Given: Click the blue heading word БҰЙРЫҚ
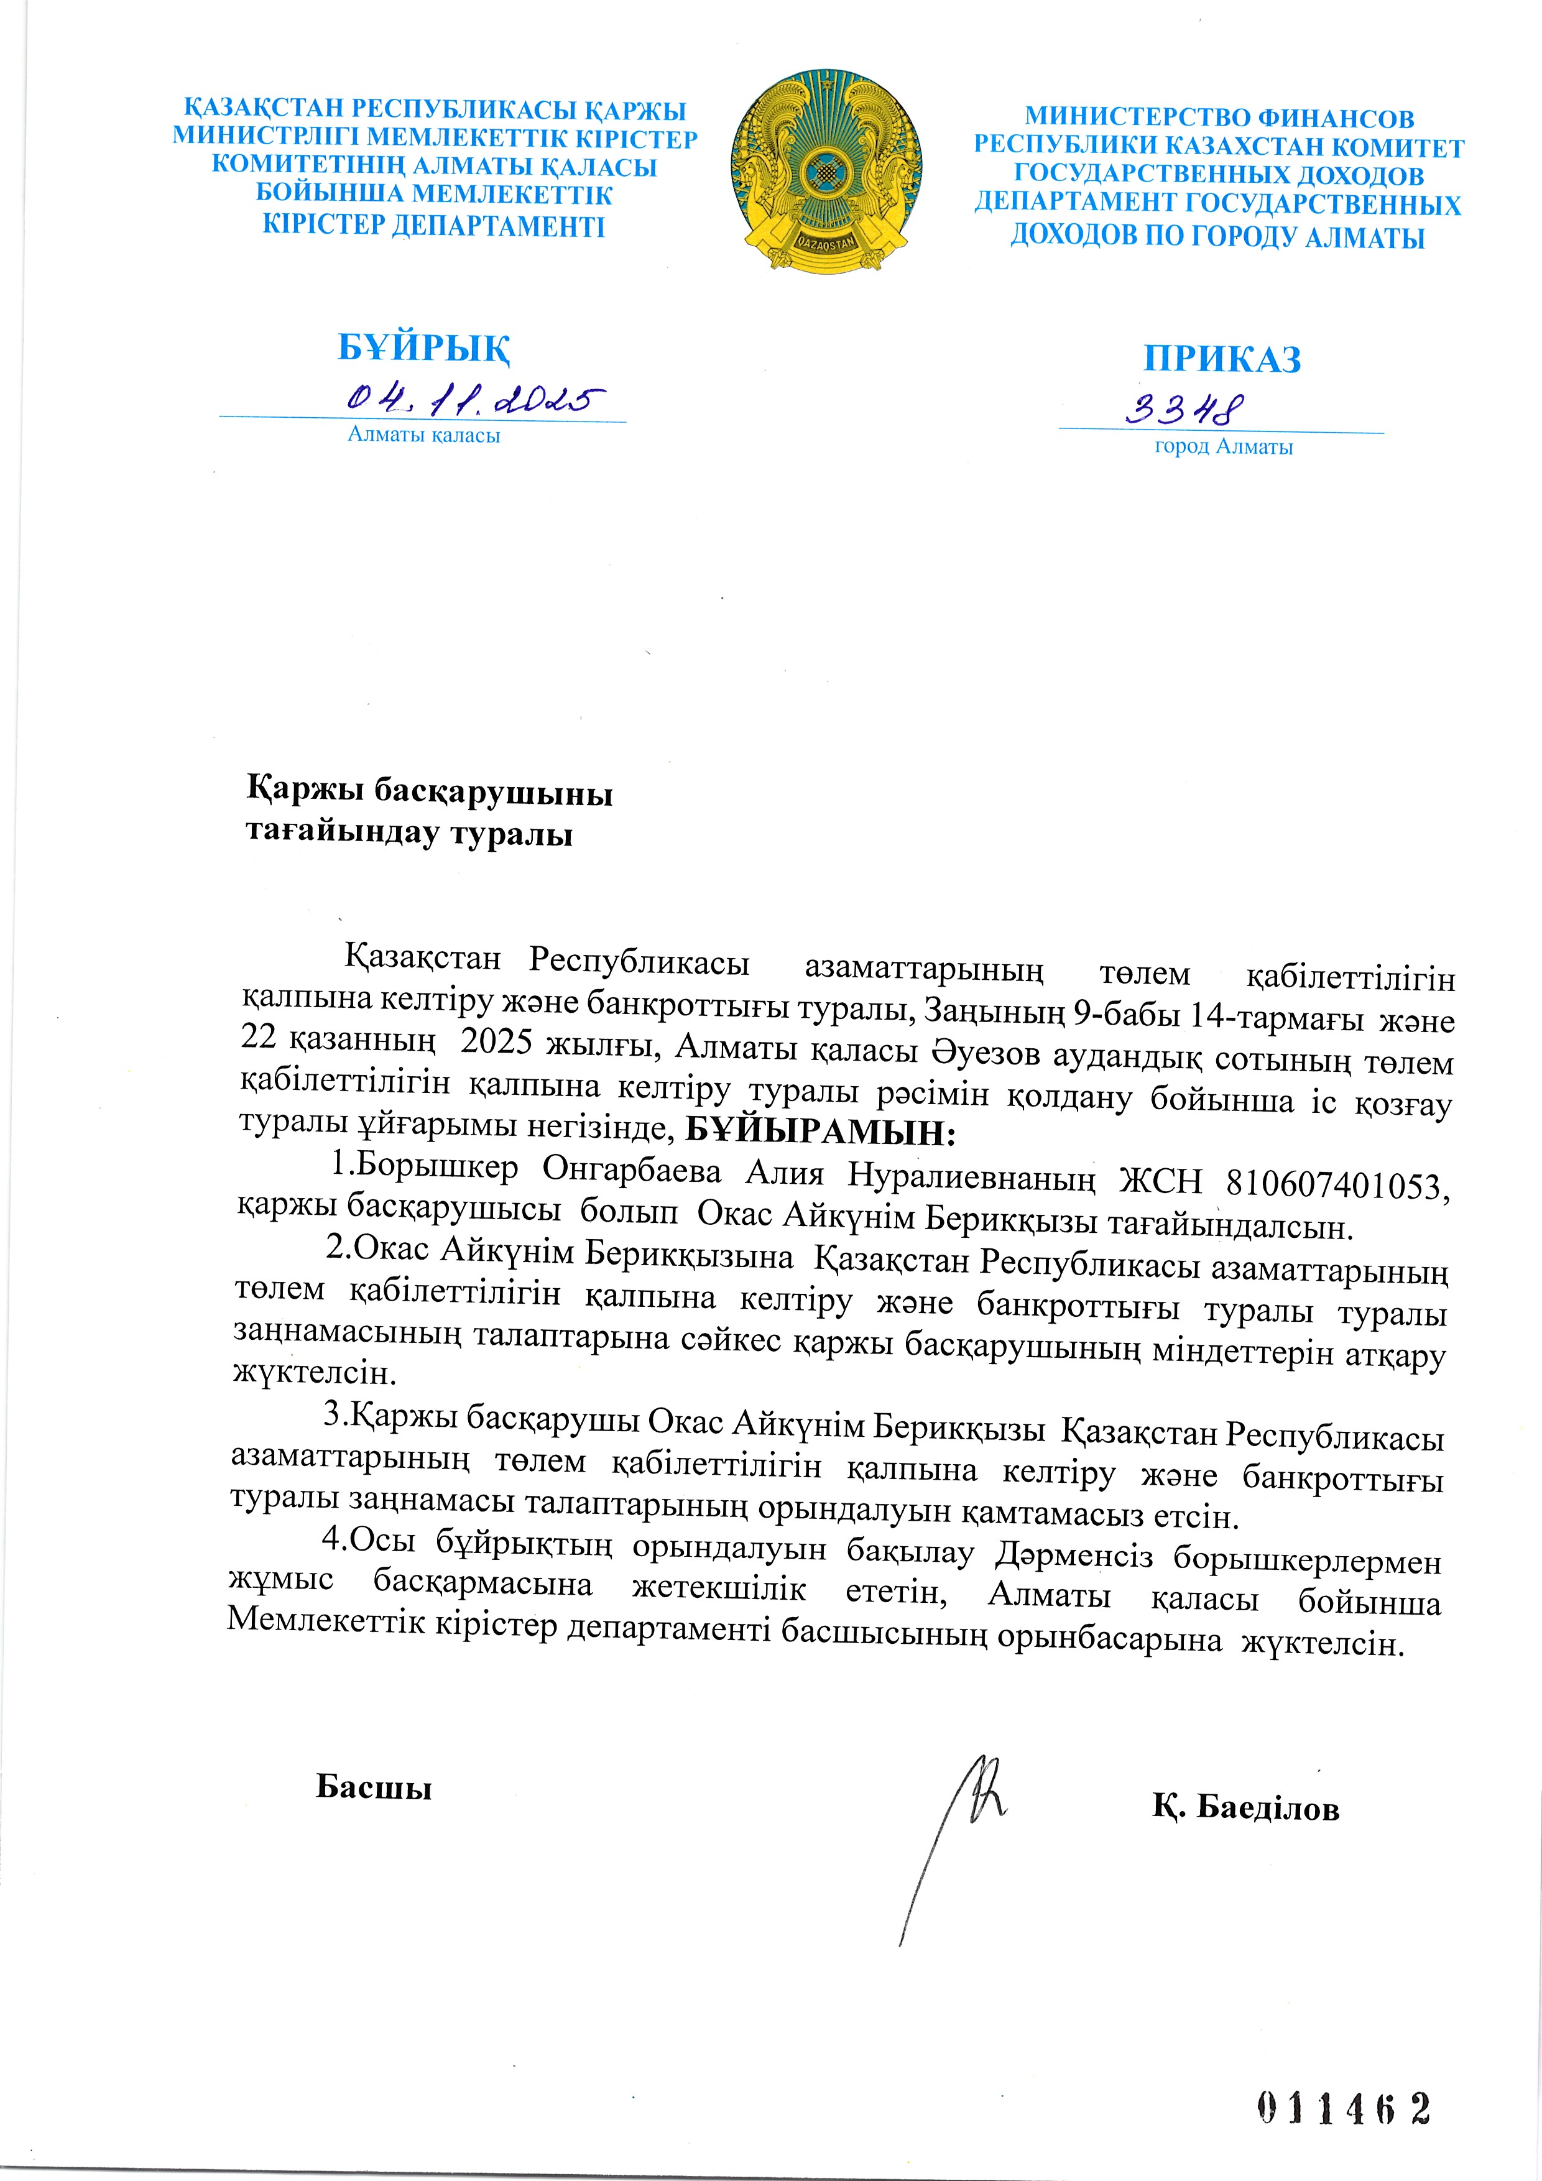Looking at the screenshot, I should point(424,348).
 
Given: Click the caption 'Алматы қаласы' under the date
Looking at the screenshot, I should point(424,436).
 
